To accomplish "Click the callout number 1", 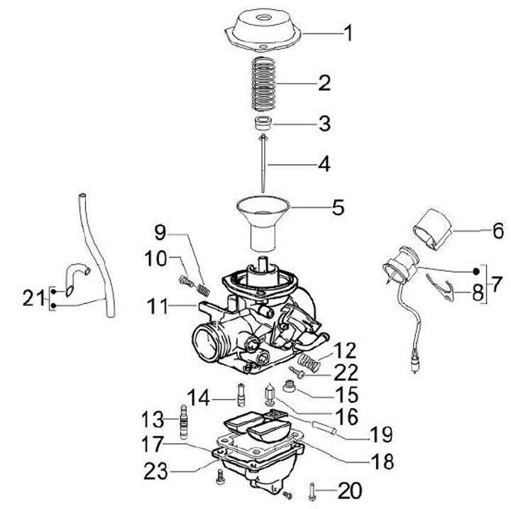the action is [x=348, y=33].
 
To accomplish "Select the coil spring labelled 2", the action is [x=263, y=84].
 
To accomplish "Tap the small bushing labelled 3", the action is [x=263, y=124].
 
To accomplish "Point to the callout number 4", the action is [x=324, y=164].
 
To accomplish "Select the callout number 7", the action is [x=496, y=284].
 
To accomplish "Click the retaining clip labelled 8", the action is [x=441, y=286].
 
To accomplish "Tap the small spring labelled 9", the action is [x=203, y=290].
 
